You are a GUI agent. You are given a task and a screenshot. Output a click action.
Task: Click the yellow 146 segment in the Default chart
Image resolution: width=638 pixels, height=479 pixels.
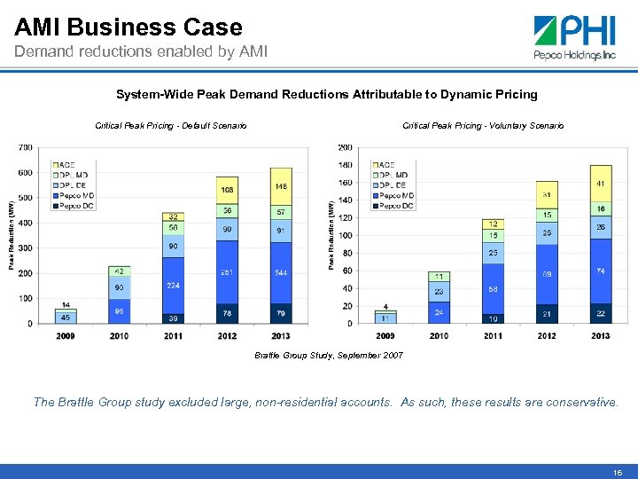click(281, 186)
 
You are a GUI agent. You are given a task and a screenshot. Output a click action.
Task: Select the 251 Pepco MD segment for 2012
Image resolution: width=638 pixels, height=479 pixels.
click(227, 272)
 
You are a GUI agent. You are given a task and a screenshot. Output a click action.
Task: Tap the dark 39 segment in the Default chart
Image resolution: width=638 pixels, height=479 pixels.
click(173, 318)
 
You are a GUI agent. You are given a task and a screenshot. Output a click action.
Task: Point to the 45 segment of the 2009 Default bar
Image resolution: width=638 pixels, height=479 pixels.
click(65, 318)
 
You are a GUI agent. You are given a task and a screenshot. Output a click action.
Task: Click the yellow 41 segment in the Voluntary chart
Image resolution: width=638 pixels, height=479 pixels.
click(601, 183)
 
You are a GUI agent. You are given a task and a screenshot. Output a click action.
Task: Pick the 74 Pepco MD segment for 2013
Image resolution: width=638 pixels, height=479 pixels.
click(601, 271)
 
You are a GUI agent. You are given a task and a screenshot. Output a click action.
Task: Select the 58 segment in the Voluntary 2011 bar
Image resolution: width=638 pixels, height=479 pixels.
click(493, 289)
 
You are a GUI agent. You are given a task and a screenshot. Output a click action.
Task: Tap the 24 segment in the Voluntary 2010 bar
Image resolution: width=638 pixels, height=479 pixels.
click(439, 312)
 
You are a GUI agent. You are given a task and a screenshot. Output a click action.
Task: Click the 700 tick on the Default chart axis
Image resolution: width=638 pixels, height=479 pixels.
click(25, 147)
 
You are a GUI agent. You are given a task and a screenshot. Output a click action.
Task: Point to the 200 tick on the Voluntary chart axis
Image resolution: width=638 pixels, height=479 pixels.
click(344, 147)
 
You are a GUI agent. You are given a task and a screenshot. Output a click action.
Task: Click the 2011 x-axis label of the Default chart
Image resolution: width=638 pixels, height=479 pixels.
click(173, 336)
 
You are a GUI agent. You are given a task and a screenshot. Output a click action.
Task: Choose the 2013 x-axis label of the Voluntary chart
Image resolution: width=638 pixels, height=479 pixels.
click(601, 336)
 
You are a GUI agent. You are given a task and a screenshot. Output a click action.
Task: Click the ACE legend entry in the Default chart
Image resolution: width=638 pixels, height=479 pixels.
click(66, 164)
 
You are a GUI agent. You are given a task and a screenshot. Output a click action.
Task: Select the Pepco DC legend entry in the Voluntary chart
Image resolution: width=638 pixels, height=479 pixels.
click(393, 206)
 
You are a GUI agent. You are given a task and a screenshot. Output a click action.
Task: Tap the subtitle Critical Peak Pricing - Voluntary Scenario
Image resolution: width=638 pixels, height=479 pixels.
click(483, 126)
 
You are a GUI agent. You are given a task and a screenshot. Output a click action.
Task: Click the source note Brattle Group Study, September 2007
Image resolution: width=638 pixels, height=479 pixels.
click(329, 355)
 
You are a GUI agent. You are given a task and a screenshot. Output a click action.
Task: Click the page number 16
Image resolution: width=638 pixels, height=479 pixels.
click(617, 473)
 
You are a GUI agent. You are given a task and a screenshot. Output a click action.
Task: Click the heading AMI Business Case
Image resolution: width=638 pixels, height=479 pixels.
click(128, 27)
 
